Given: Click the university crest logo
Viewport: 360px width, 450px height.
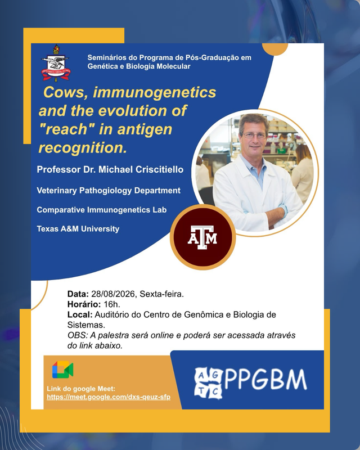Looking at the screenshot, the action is [56, 63].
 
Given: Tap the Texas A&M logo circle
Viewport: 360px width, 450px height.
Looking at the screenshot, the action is [202, 237].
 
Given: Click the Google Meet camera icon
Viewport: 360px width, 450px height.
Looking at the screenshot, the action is [62, 370].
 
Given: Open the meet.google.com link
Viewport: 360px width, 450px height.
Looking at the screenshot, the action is [109, 397].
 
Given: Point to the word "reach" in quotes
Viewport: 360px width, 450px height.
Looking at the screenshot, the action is [67, 129].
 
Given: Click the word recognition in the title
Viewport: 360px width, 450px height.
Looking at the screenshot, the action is [83, 148].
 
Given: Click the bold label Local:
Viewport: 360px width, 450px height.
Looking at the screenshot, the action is [80, 315].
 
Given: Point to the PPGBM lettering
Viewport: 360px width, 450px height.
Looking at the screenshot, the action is [265, 380].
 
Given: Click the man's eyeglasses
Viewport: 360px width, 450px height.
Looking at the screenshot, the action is [254, 135].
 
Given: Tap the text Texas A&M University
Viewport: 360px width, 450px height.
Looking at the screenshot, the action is [78, 229].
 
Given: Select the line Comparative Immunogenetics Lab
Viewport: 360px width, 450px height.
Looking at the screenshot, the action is [102, 210].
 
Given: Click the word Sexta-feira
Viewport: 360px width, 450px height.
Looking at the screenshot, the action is [161, 294].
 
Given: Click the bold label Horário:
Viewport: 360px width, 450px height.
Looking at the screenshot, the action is [84, 304].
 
